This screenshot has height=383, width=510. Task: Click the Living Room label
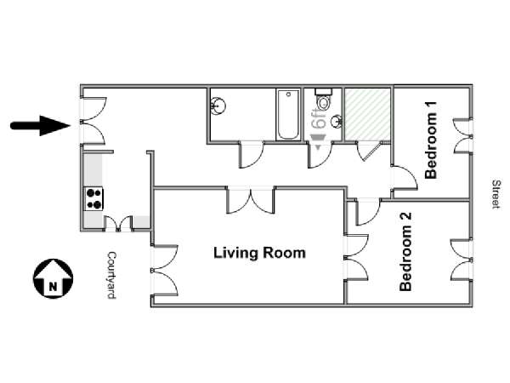[259, 253]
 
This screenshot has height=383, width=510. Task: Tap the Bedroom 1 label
[431, 140]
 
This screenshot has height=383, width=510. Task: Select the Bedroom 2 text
[405, 252]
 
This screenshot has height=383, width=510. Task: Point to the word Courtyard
[111, 275]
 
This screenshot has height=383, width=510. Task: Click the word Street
[496, 194]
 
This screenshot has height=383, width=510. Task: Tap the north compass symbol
[53, 278]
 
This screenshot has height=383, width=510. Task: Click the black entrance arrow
[41, 125]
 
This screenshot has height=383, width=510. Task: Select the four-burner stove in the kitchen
[93, 198]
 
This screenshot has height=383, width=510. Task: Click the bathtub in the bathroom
[288, 115]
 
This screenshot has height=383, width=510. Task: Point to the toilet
[323, 100]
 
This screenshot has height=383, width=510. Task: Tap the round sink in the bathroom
[218, 106]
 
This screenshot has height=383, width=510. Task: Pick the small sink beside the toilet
[337, 122]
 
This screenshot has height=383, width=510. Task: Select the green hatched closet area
[367, 115]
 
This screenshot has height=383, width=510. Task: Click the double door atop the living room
[251, 200]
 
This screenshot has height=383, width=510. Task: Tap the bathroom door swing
[252, 155]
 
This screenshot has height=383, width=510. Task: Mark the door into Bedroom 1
[404, 179]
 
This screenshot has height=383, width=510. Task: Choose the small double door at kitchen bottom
[118, 223]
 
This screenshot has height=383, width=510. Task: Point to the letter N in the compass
[53, 287]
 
